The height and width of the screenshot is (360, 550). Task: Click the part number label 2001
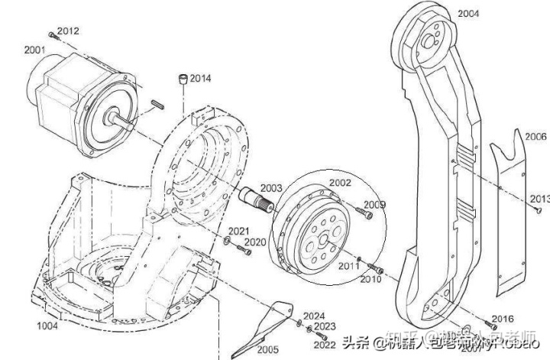pyautogui.click(x=34, y=50)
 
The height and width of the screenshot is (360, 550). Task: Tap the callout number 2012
pyautogui.click(x=68, y=31)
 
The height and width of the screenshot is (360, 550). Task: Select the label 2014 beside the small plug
pyautogui.click(x=201, y=78)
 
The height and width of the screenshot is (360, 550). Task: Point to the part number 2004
pyautogui.click(x=468, y=14)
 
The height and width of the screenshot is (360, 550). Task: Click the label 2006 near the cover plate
pyautogui.click(x=535, y=135)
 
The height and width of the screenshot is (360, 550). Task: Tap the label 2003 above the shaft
pyautogui.click(x=270, y=188)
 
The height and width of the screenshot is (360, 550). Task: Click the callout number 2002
pyautogui.click(x=340, y=183)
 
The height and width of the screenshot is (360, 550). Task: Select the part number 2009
pyautogui.click(x=374, y=204)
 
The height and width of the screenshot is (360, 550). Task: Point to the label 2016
pyautogui.click(x=503, y=318)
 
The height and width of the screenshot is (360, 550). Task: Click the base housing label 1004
pyautogui.click(x=47, y=326)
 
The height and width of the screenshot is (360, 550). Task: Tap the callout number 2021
pyautogui.click(x=239, y=231)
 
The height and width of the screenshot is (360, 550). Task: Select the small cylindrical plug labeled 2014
pyautogui.click(x=183, y=79)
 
